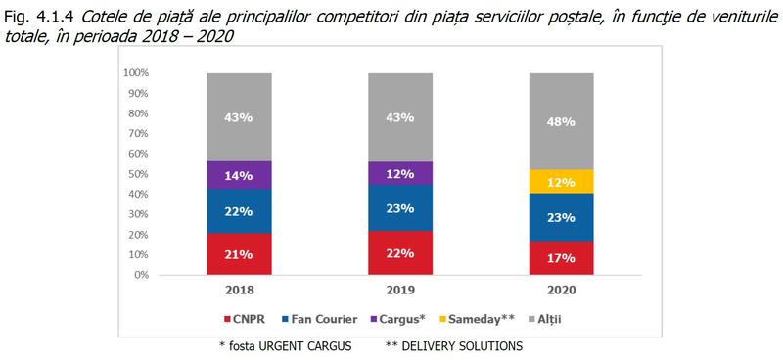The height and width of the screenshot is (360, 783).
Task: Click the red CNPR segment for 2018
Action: (x=240, y=254)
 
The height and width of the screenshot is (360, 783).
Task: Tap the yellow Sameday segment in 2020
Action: (x=562, y=181)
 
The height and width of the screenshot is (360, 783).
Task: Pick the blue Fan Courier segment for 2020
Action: (x=562, y=217)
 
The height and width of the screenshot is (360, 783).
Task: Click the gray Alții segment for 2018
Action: (x=240, y=116)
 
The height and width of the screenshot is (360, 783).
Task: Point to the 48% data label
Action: (x=562, y=121)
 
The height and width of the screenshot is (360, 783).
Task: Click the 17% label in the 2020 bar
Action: (x=562, y=258)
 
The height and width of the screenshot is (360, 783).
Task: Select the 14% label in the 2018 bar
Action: (x=240, y=177)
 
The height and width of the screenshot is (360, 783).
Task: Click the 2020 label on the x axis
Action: (x=562, y=292)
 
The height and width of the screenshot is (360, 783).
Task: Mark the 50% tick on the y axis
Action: (x=136, y=174)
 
